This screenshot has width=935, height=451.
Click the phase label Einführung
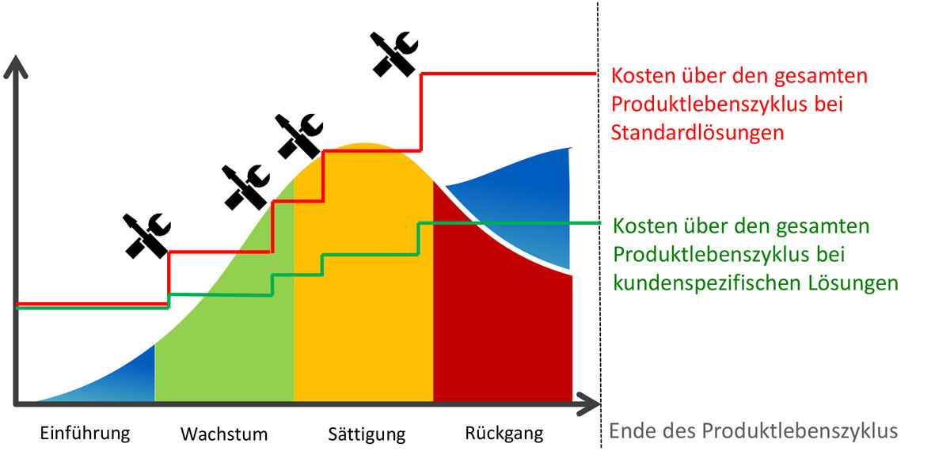[x=85, y=433]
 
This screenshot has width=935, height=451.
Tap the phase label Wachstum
[x=224, y=433]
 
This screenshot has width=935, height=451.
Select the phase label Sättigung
[x=367, y=433]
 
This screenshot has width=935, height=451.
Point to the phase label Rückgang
[x=504, y=433]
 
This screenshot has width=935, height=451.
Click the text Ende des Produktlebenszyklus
[x=754, y=430]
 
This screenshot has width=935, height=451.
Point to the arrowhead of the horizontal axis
[x=588, y=404]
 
